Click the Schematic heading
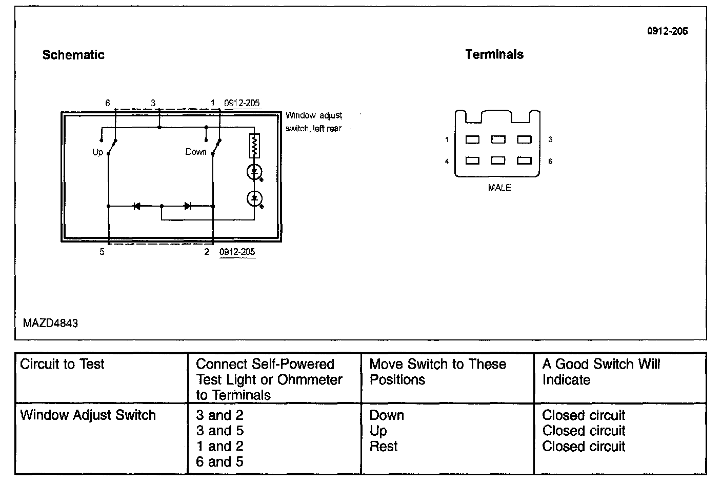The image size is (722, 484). (73, 55)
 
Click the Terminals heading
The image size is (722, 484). (494, 54)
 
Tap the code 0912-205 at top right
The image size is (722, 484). (667, 31)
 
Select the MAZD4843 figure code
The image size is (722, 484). (50, 324)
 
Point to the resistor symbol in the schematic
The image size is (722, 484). (254, 146)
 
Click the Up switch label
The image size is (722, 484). (97, 152)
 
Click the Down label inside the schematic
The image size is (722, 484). (196, 152)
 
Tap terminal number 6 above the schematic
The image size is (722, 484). (108, 103)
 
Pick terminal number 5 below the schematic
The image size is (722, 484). (102, 252)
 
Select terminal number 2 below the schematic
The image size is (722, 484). (207, 252)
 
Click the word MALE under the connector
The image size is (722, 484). (499, 188)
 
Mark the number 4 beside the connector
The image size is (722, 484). (447, 162)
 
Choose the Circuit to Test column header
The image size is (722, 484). (62, 364)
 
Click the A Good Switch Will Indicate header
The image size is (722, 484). (601, 372)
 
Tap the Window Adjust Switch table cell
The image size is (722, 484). (88, 415)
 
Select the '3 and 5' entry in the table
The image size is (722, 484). (219, 431)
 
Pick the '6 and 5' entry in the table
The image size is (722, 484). (219, 462)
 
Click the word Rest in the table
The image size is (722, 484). (384, 446)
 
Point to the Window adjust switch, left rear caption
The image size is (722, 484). (314, 122)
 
